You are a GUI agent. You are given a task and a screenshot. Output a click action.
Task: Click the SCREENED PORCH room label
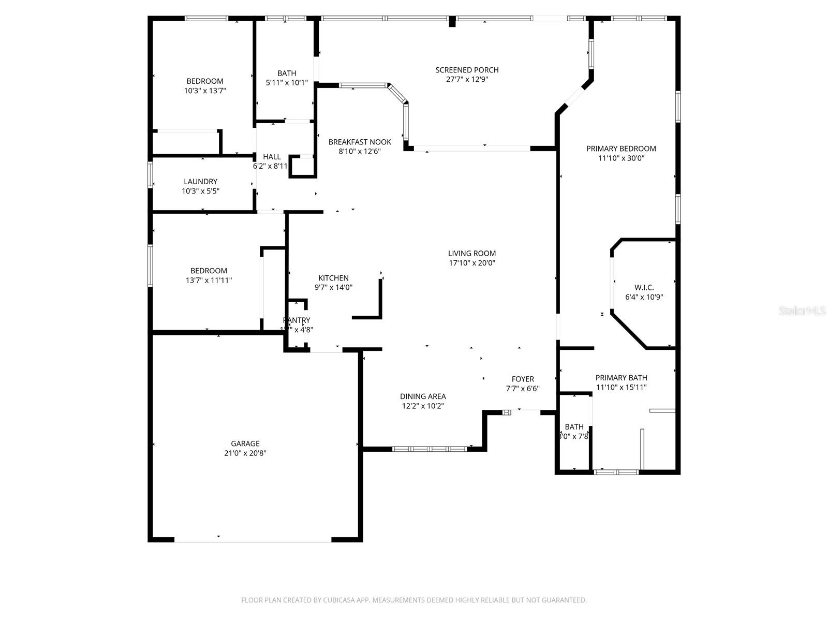(x=467, y=70)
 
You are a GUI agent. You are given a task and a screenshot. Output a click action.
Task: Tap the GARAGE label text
(x=245, y=443)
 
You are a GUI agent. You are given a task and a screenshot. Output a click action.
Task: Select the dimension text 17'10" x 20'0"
(x=472, y=263)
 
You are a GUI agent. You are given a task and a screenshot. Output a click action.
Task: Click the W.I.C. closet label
(x=644, y=288)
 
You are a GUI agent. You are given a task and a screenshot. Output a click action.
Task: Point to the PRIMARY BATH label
(x=621, y=378)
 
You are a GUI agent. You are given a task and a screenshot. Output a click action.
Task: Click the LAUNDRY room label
(x=200, y=182)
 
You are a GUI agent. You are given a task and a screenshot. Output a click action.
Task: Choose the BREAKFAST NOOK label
(x=360, y=142)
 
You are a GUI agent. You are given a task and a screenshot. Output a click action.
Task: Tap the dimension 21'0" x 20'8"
(x=245, y=453)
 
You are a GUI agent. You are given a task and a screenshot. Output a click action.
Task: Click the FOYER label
(x=523, y=379)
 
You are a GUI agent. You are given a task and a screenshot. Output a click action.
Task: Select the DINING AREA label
(x=423, y=396)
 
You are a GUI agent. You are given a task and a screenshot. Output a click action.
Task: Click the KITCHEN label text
(x=333, y=278)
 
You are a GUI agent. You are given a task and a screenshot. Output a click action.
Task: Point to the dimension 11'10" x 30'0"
(x=621, y=158)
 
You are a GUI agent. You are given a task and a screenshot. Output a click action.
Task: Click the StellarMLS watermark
(x=802, y=311)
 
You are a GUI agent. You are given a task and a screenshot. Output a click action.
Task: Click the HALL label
(x=272, y=157)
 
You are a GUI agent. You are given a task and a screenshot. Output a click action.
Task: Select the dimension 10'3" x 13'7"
(x=205, y=91)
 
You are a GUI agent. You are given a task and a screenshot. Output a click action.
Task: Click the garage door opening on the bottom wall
(x=253, y=541)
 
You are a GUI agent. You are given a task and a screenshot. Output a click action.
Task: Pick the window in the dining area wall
(x=429, y=449)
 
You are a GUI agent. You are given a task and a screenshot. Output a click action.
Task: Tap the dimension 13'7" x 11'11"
(x=209, y=280)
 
